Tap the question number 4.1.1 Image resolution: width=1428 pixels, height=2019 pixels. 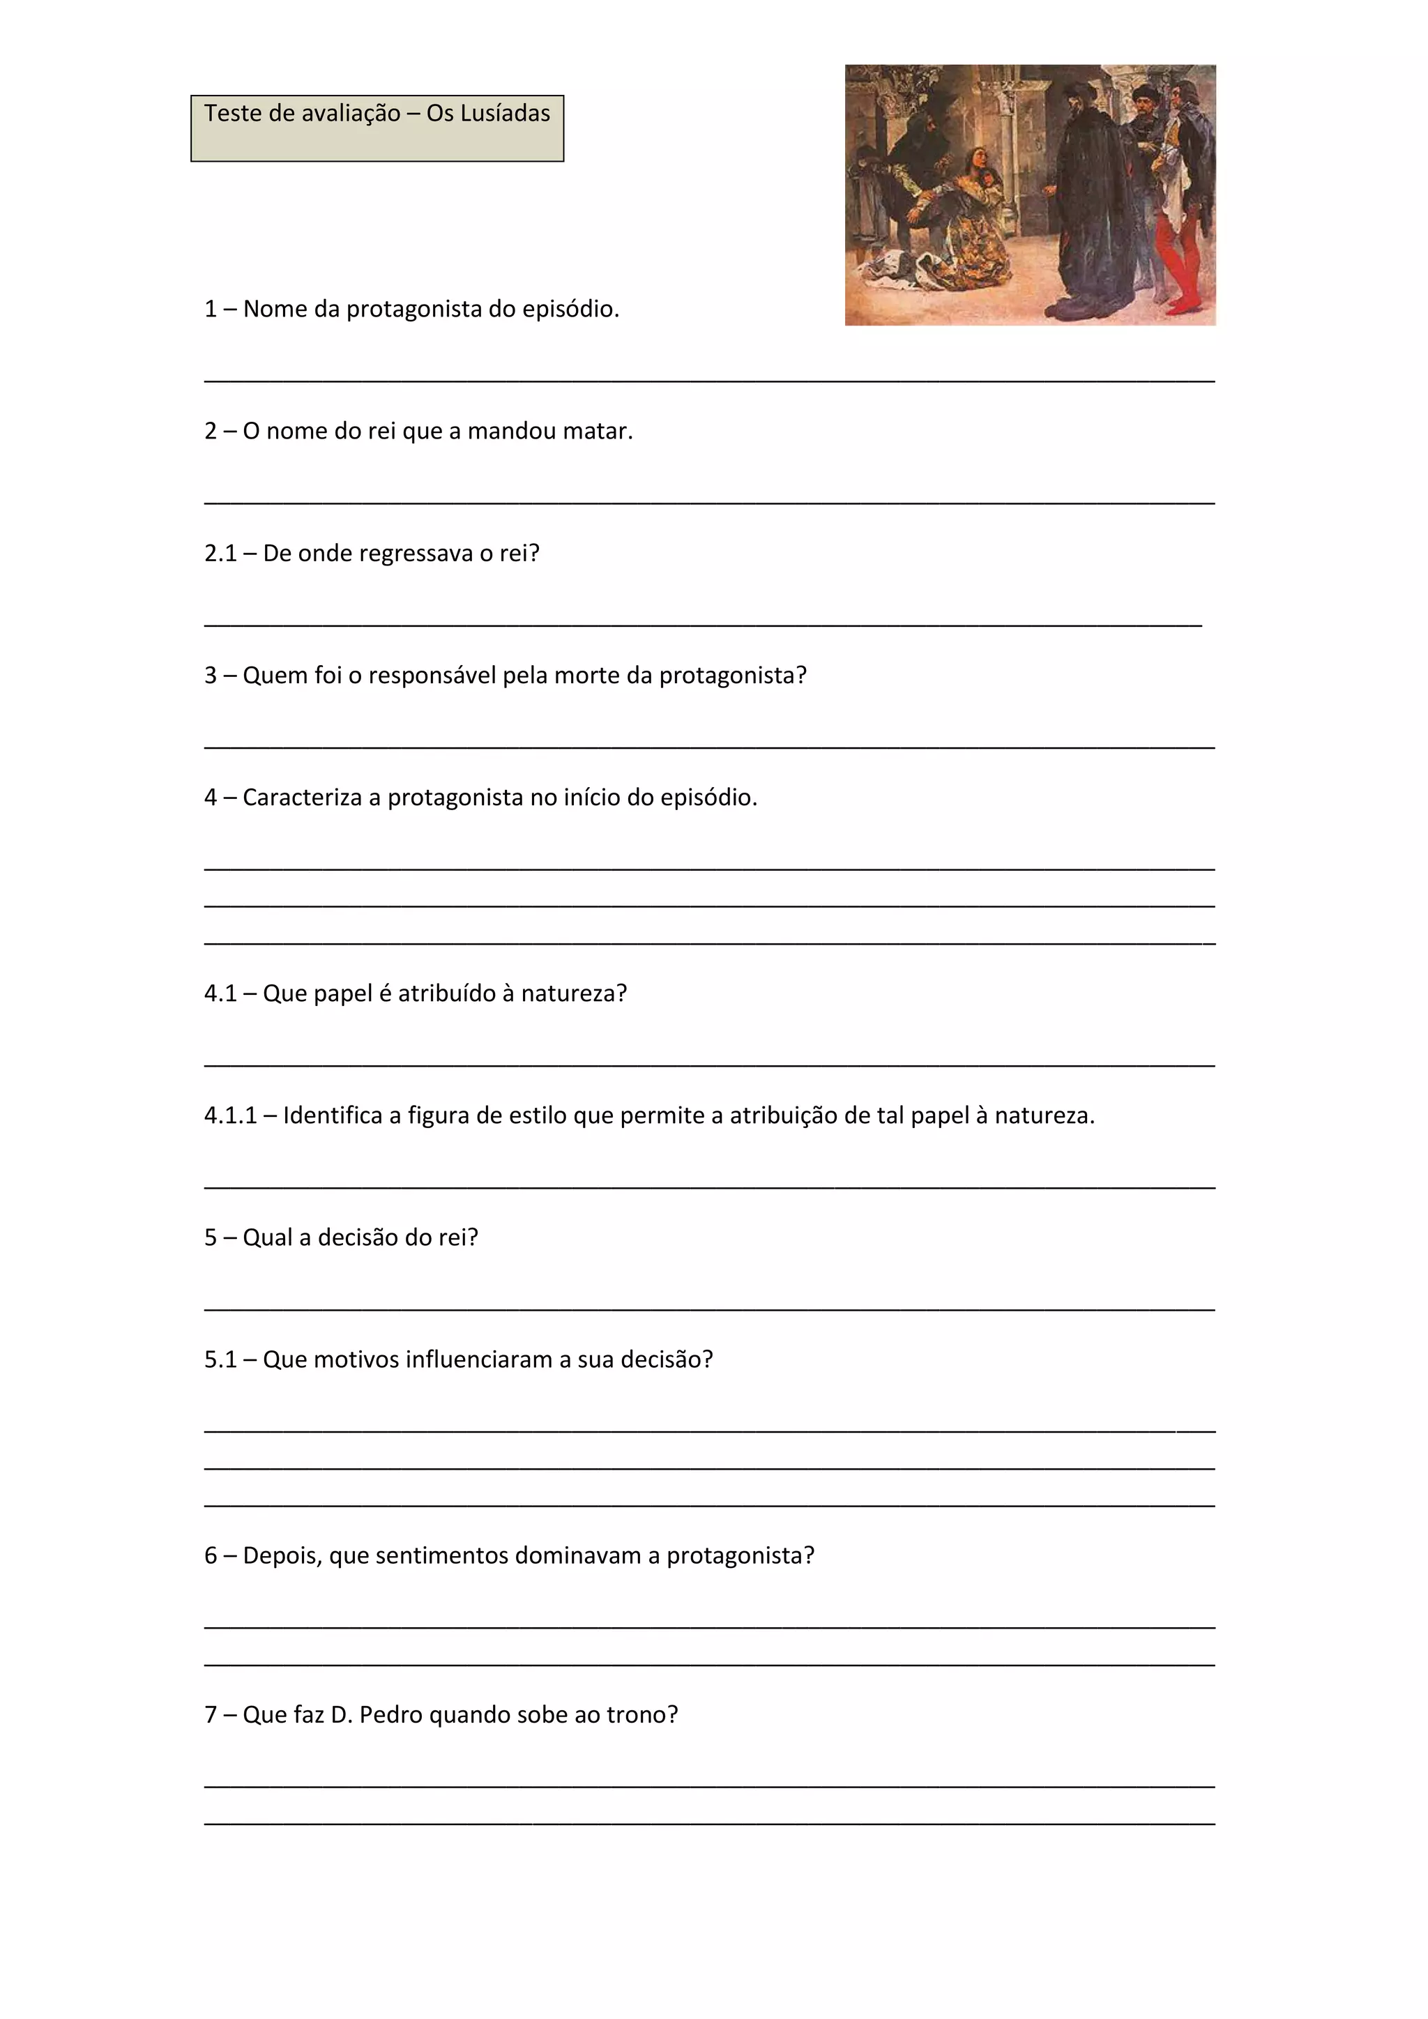[230, 1117]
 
